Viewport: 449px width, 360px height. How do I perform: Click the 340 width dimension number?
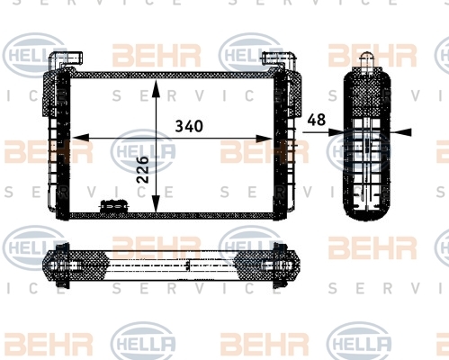[x=189, y=126]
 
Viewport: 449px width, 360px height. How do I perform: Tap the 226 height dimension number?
[x=143, y=169]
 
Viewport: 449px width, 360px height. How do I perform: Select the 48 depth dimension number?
[x=317, y=120]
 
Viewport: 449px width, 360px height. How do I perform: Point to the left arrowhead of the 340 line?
[x=81, y=138]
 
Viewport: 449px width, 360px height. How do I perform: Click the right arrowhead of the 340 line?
[x=265, y=139]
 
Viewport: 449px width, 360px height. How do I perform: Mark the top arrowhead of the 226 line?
[x=156, y=88]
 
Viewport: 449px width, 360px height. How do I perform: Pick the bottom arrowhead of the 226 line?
[x=156, y=203]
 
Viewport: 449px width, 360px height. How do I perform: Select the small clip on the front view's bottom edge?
[x=113, y=206]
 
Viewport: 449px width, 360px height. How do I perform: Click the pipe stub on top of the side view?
[x=367, y=62]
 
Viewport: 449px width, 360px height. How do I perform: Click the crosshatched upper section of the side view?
[x=367, y=93]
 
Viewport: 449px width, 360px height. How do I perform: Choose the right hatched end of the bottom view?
[x=267, y=265]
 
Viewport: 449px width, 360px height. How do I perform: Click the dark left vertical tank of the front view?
[x=63, y=146]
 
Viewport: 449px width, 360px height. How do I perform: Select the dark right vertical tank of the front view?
[x=281, y=146]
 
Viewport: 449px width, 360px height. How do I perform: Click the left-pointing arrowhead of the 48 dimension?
[x=402, y=132]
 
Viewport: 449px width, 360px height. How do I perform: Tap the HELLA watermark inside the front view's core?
[x=143, y=151]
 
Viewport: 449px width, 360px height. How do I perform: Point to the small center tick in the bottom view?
[x=188, y=265]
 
